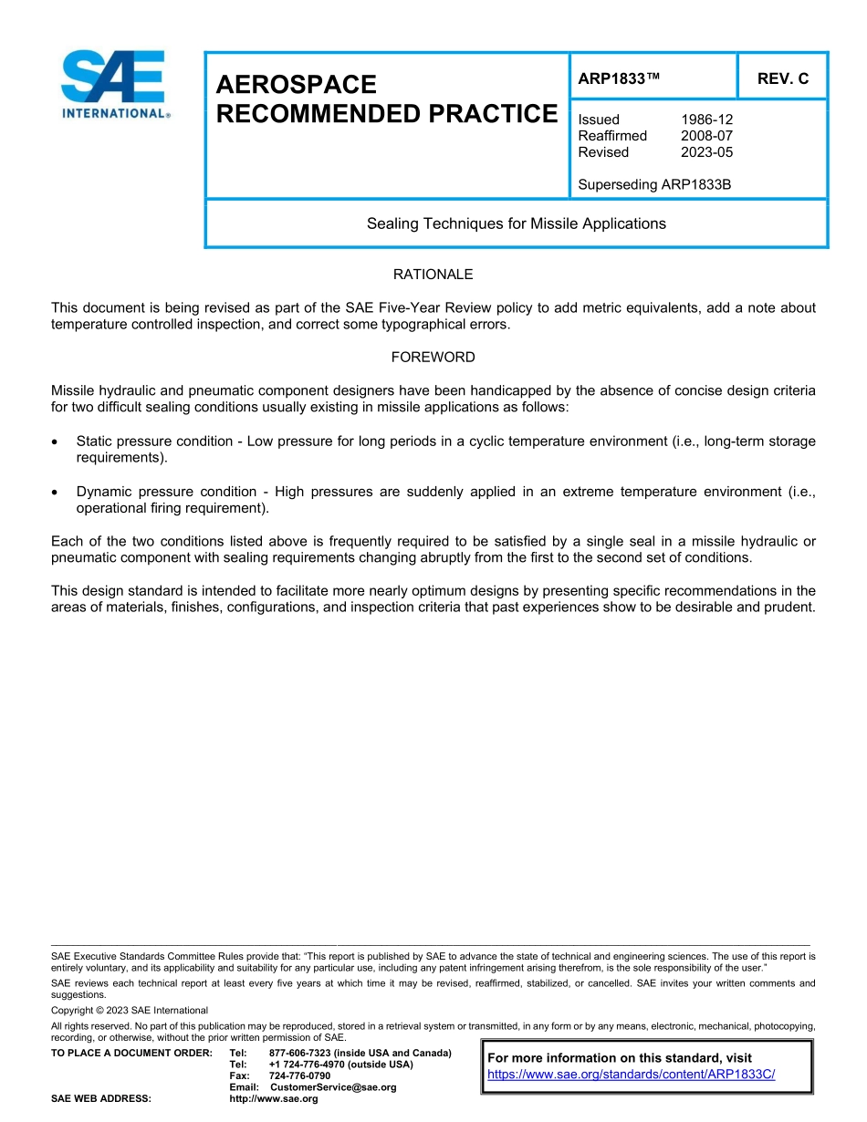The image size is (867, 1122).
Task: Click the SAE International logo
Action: (x=113, y=84)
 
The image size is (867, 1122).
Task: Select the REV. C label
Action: (x=782, y=79)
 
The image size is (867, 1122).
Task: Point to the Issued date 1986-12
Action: (x=706, y=119)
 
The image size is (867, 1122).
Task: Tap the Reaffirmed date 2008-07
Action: (x=706, y=136)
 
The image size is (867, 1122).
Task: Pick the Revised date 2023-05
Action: (x=706, y=152)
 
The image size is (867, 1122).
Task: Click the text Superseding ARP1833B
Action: (x=654, y=184)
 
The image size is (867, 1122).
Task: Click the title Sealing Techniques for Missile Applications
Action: (x=516, y=223)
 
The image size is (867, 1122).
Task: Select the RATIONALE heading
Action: (x=433, y=275)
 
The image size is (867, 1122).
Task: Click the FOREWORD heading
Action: (x=433, y=358)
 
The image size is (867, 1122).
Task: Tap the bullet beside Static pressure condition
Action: (x=57, y=442)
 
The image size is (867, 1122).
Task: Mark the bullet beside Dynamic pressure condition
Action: (x=57, y=493)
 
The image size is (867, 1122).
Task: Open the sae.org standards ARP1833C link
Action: (x=631, y=1075)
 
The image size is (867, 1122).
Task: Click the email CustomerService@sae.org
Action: (x=333, y=1087)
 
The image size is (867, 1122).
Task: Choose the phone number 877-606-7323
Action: (x=300, y=1053)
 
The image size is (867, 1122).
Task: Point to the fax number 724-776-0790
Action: (x=299, y=1075)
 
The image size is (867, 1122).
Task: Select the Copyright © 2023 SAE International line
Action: (x=130, y=1011)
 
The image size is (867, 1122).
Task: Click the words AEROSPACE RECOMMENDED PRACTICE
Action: (x=385, y=99)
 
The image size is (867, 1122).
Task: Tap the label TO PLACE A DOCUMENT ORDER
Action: (x=131, y=1053)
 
